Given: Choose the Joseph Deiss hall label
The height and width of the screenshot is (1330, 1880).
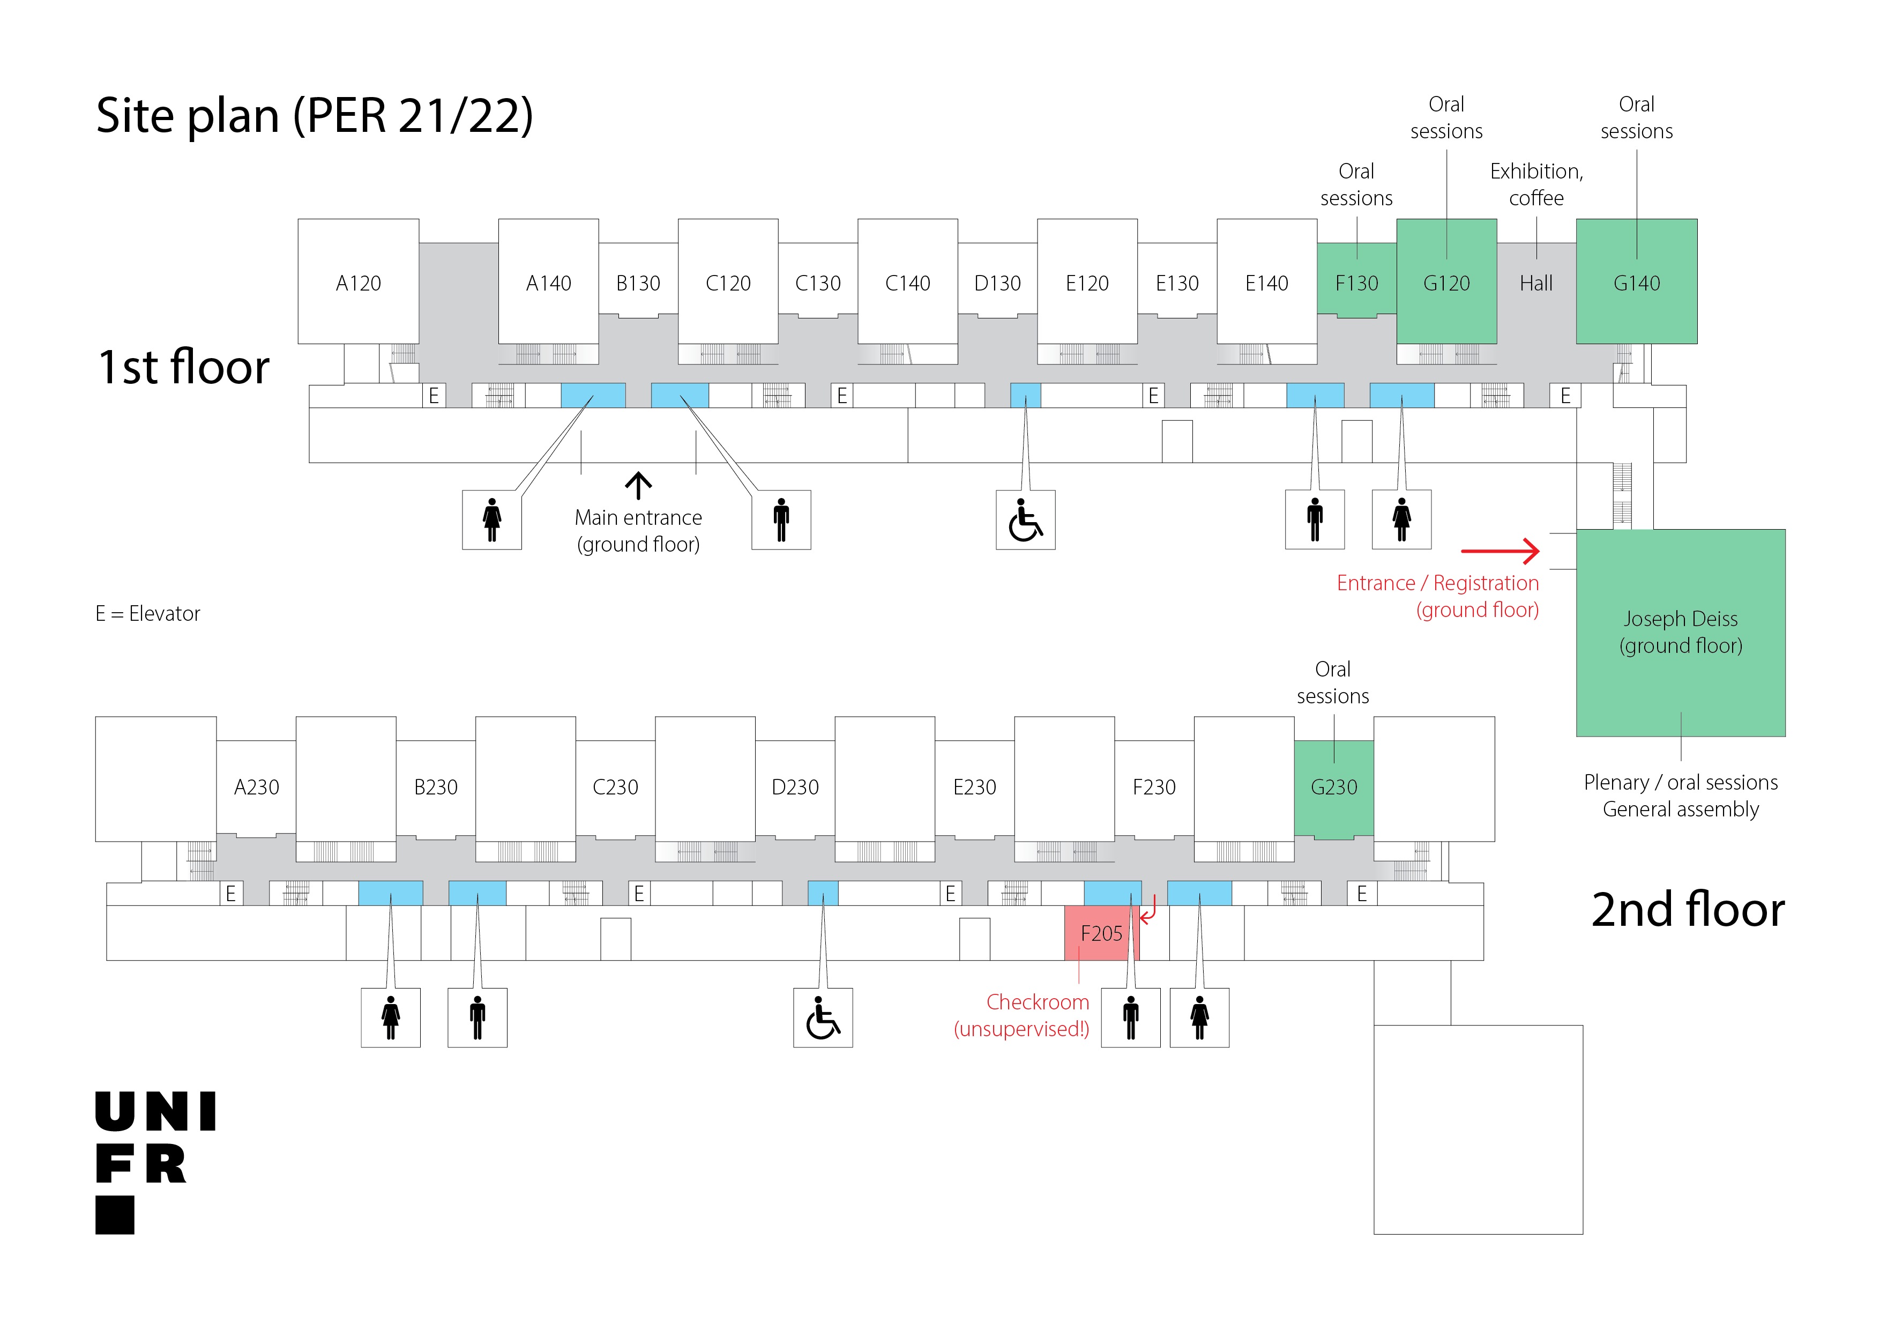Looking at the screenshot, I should (x=1680, y=631).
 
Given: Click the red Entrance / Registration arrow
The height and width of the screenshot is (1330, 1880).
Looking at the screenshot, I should (x=1499, y=551).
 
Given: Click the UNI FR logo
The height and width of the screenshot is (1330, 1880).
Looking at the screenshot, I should (x=155, y=1161).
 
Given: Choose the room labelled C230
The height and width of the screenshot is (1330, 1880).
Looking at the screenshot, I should (x=614, y=786).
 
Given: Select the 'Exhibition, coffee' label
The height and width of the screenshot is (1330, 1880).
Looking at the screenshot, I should (x=1535, y=184).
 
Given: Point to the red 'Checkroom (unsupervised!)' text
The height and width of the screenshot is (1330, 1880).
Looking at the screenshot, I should (x=1022, y=1015).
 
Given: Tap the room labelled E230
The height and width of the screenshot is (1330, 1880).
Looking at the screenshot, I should (x=974, y=786).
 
